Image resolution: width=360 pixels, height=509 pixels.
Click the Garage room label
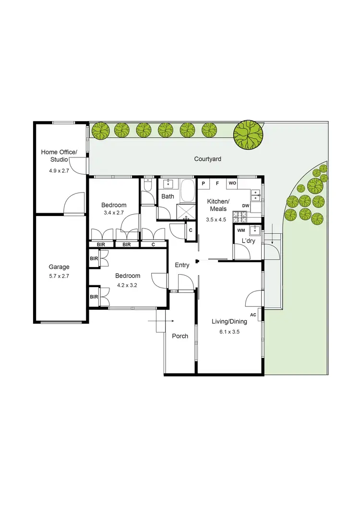pyautogui.click(x=59, y=267)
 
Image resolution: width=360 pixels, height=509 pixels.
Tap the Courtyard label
pyautogui.click(x=207, y=159)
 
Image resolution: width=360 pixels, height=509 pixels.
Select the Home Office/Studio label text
pyautogui.click(x=59, y=156)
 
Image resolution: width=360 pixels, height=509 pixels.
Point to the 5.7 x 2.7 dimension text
pyautogui.click(x=59, y=276)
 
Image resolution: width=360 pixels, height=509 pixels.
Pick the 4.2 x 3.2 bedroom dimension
pyautogui.click(x=128, y=285)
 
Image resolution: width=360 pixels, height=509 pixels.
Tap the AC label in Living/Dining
pyautogui.click(x=253, y=315)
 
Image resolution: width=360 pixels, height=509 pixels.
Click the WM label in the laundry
pyautogui.click(x=241, y=230)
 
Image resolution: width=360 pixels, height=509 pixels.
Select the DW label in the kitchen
pyautogui.click(x=246, y=206)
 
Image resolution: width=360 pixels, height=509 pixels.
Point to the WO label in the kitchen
pyautogui.click(x=232, y=183)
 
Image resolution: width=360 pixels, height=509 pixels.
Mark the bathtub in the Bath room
pyautogui.click(x=187, y=191)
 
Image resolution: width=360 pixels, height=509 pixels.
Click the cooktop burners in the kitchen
pyautogui.click(x=238, y=217)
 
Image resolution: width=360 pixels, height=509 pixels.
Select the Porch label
pyautogui.click(x=180, y=336)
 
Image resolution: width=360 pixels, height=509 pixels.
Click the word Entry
pyautogui.click(x=182, y=265)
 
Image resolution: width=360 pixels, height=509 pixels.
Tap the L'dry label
pyautogui.click(x=248, y=240)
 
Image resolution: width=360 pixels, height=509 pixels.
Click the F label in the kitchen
pyautogui.click(x=217, y=183)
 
